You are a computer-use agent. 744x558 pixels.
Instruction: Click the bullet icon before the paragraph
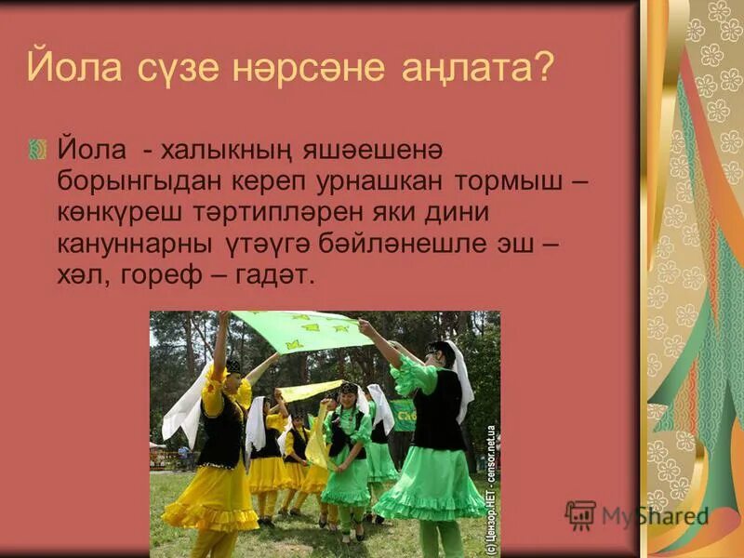(x=37, y=149)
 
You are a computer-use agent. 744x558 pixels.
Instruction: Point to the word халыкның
(x=233, y=151)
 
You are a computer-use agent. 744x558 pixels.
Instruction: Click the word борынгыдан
(x=130, y=181)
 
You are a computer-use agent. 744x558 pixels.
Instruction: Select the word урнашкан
(x=368, y=181)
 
